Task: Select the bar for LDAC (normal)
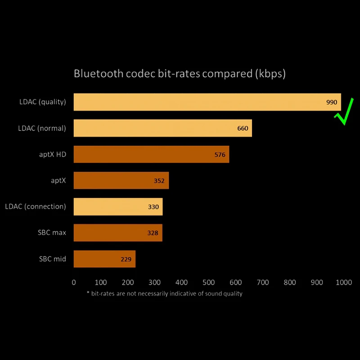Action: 162,128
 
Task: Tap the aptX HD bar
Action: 151,154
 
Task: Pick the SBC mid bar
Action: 104,259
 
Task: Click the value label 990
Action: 332,102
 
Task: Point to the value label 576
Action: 220,155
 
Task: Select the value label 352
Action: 159,181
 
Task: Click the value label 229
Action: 126,259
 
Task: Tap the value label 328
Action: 153,233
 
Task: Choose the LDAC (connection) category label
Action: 36,207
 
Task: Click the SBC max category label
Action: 52,233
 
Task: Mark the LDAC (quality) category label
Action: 42,102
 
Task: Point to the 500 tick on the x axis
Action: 208,283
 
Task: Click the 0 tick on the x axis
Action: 74,283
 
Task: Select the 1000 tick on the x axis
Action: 343,283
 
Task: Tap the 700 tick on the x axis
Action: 262,283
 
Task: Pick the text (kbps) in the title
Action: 270,73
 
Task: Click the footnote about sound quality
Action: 164,293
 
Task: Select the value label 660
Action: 243,128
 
